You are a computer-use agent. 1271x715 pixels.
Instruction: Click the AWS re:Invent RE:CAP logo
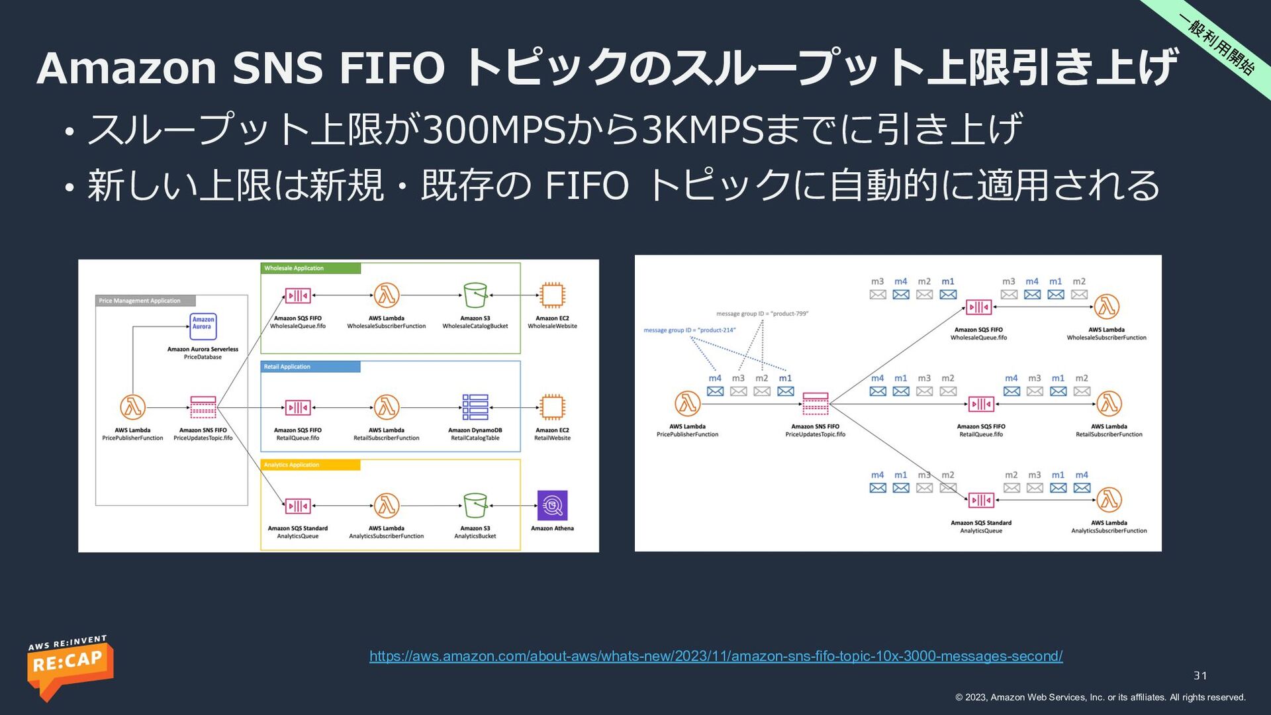tap(70, 665)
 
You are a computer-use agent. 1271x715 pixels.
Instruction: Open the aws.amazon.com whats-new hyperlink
tap(716, 656)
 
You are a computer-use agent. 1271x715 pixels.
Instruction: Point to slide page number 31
tap(1200, 676)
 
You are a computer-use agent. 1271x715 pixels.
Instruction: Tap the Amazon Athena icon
tap(552, 506)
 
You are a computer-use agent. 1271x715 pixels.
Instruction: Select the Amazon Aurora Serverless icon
tap(203, 326)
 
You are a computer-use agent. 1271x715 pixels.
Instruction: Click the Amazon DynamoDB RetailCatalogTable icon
tap(475, 407)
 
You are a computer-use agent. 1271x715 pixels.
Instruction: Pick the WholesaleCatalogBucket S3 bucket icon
tap(475, 295)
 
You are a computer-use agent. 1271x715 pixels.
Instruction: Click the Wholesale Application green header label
tap(310, 268)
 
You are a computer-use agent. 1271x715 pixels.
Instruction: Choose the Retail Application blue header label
tap(310, 367)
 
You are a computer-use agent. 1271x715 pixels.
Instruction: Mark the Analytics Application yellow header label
tap(310, 465)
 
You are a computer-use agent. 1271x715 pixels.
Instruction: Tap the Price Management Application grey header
tap(145, 301)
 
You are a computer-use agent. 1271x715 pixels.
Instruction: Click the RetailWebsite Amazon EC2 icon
tap(552, 407)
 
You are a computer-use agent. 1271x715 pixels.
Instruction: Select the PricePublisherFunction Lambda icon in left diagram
tap(132, 407)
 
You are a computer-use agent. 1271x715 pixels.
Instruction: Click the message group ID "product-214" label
tap(689, 330)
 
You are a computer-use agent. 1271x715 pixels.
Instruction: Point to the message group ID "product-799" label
tap(762, 314)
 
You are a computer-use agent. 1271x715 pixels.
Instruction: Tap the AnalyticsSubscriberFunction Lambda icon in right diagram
tap(1109, 500)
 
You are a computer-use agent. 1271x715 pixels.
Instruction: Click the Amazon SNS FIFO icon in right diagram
tap(815, 403)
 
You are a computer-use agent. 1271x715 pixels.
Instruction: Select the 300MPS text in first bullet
tap(494, 129)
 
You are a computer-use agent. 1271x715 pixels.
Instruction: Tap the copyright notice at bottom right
tap(1100, 697)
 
